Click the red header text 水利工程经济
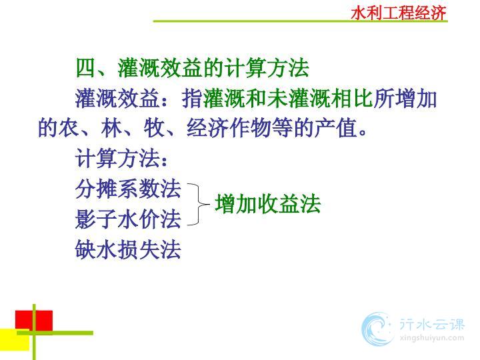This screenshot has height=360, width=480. pos(398,13)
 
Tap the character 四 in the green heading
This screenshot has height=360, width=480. pos(86,68)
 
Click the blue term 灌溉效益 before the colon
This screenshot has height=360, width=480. pos(117,99)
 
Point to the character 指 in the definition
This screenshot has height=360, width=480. pos(192,99)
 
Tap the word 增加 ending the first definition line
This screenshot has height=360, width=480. pos(416,99)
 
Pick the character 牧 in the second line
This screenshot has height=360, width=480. pos(155,127)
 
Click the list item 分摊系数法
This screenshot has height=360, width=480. pos(128,189)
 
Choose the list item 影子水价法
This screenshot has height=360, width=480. pos(128,219)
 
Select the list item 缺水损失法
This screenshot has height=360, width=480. pos(128,249)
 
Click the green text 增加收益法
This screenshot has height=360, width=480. pos(267,204)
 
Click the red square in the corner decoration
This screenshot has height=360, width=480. pos(34,321)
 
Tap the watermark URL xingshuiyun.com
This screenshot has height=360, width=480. pos(432,338)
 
